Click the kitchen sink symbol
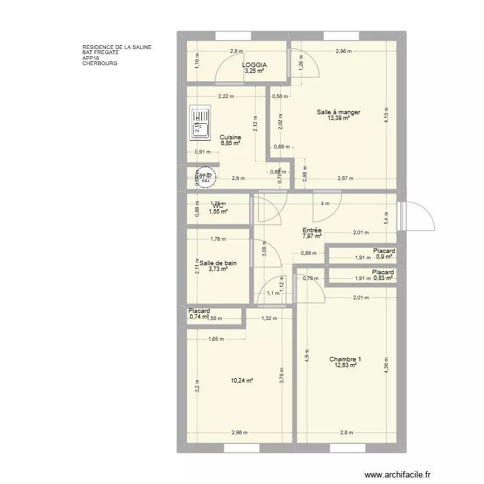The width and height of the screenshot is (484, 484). coord(200,123)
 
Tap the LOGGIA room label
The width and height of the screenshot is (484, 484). coord(254,65)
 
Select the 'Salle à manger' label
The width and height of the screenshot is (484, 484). coord(338,112)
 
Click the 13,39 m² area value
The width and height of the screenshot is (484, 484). coord(338,118)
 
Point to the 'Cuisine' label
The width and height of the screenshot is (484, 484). coord(230,137)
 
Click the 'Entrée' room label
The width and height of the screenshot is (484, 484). coord(312,230)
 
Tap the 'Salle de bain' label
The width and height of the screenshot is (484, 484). coord(217,263)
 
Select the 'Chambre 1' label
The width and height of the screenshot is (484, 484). coord(345,359)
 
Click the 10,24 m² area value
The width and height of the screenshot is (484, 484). coord(242,381)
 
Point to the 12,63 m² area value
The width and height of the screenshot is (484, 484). coord(345,365)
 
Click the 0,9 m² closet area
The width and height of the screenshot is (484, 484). coord(384,257)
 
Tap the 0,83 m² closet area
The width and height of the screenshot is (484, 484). coord(384,278)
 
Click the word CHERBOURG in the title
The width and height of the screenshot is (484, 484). coord(100,64)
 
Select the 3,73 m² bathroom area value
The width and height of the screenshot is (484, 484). coord(218,270)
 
